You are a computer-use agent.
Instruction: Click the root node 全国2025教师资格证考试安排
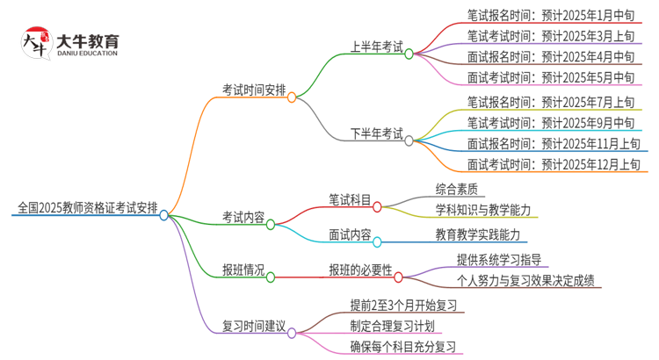pos(88,208)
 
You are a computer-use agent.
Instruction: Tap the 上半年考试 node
pos(376,47)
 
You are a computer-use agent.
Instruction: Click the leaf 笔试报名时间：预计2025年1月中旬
pos(551,13)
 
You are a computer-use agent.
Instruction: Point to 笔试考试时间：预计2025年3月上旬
pos(551,36)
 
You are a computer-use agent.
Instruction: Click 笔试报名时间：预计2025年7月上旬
pos(551,102)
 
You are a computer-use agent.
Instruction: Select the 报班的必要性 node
pos(360,270)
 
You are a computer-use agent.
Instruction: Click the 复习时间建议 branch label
pos(253,327)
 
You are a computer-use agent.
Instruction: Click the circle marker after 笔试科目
pos(377,207)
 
